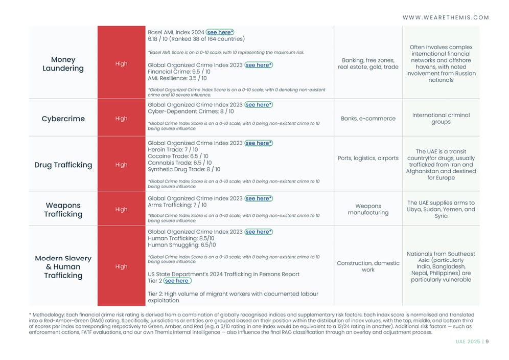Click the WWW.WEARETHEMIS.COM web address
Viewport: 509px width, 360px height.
coord(446,17)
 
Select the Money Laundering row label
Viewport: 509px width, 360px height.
coord(63,64)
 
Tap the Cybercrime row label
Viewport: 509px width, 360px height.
coord(63,119)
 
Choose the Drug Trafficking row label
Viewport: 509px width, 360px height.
coord(63,165)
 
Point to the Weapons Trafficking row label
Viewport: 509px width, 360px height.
coord(63,210)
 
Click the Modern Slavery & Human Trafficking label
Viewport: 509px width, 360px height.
coord(63,266)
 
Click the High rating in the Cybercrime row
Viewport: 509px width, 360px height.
coord(121,119)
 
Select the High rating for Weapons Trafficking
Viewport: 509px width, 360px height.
coord(121,210)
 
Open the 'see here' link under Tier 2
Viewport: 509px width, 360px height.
coord(177,281)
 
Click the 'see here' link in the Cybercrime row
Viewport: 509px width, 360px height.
coord(258,105)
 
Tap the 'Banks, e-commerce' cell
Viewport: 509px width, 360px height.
coord(368,119)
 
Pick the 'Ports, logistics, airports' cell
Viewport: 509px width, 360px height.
coord(368,158)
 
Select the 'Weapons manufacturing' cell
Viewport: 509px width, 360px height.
coord(368,209)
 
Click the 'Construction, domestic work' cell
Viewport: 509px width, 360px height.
coord(368,266)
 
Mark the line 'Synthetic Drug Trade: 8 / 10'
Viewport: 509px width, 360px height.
coord(184,169)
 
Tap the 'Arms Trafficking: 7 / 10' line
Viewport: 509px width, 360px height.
coord(177,205)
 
